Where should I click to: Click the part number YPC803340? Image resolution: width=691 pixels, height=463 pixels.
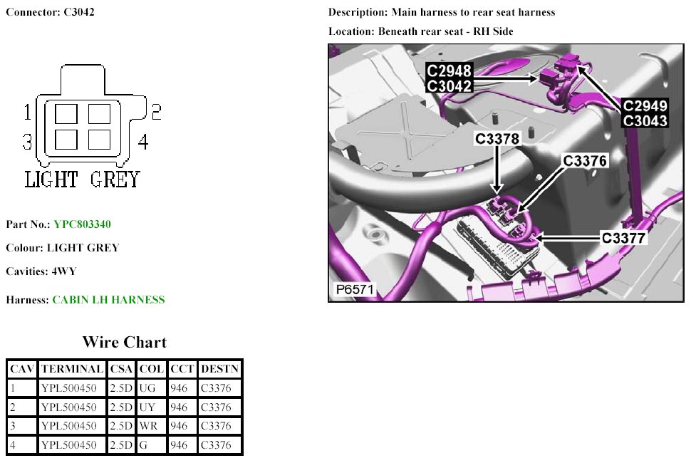point(82,224)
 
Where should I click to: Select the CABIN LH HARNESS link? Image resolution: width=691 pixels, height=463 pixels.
point(108,300)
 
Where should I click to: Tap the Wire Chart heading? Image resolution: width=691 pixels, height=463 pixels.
point(125,343)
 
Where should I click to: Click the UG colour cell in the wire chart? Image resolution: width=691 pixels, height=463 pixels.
point(147,388)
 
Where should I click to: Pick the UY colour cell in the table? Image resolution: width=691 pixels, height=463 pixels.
point(147,407)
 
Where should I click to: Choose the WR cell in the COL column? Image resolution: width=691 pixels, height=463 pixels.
point(148,426)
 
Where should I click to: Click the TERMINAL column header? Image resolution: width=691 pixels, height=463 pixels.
point(72,369)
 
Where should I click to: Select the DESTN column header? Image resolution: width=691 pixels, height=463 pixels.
point(220,369)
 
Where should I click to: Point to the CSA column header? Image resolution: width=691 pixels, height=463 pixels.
point(121,369)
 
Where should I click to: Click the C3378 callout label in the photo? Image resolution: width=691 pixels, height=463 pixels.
point(497,139)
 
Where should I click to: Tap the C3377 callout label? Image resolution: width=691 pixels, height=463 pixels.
point(623,239)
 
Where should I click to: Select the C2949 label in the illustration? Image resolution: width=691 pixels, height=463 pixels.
point(645,105)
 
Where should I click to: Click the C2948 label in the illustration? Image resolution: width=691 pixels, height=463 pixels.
point(450,71)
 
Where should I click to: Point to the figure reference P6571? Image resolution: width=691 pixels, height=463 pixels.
point(355,289)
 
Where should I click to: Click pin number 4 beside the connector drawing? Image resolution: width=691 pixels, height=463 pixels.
point(143,142)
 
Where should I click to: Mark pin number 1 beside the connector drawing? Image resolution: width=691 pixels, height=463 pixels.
point(27,112)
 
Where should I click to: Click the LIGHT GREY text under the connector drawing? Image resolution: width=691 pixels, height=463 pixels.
point(82,180)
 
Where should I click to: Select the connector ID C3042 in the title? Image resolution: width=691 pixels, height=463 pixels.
point(79,12)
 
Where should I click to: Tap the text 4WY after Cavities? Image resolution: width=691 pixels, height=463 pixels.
point(64,271)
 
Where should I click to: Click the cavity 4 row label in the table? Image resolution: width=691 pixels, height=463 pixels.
point(13,445)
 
